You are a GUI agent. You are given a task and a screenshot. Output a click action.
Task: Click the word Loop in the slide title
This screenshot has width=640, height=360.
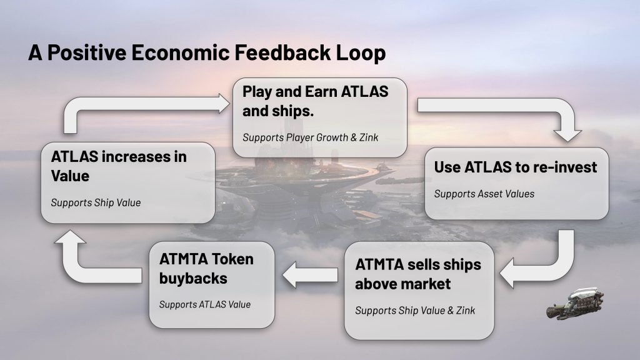coord(361,53)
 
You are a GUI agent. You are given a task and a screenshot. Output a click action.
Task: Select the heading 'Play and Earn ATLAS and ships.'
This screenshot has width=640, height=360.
coord(315,101)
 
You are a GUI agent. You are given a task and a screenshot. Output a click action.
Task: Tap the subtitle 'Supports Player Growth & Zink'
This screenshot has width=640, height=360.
coord(310,136)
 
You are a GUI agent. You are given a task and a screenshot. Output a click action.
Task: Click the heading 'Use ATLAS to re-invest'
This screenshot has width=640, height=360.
coord(516,167)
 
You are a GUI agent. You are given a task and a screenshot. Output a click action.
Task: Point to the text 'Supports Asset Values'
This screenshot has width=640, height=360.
coord(484,194)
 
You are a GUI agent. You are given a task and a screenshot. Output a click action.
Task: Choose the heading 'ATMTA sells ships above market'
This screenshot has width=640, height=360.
coord(418,274)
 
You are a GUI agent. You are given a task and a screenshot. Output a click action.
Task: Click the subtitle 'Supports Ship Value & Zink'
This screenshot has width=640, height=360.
coord(415,310)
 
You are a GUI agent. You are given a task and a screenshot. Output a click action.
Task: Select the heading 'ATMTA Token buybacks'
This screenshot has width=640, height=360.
coord(206,268)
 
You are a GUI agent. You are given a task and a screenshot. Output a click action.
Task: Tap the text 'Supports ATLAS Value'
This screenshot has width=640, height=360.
coord(204,304)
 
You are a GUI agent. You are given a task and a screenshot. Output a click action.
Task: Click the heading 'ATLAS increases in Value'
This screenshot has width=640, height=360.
coord(119,166)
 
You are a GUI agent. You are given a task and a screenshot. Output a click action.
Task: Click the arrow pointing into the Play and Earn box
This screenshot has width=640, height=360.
coord(144,109)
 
